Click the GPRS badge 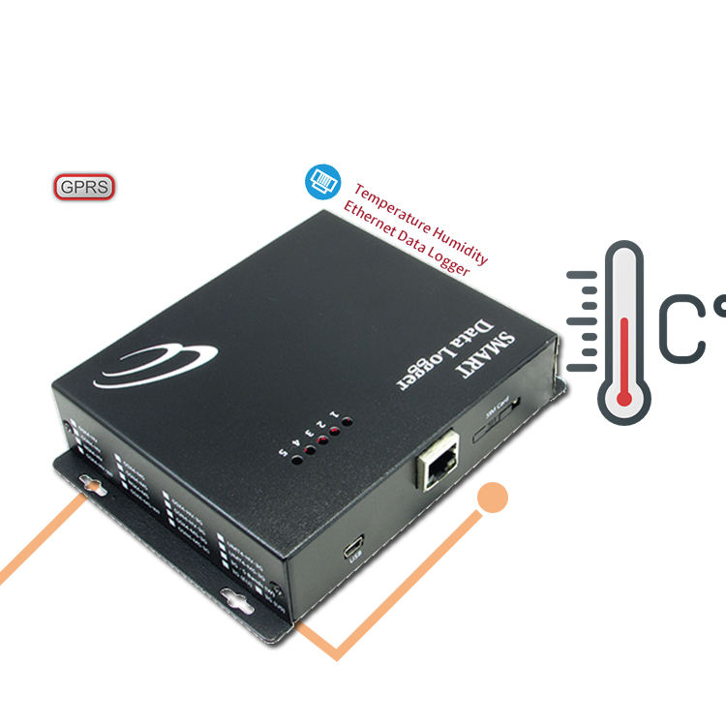click(85, 187)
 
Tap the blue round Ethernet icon click(320, 180)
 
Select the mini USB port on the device click(354, 545)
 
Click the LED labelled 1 click(345, 422)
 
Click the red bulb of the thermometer click(623, 395)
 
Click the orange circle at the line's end click(493, 498)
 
